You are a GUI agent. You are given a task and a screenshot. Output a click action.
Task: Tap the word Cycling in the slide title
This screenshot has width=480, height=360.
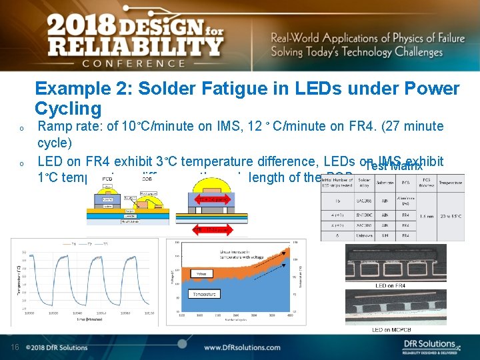tap(68, 109)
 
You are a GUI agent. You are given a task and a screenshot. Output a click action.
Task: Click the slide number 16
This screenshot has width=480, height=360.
tap(15, 347)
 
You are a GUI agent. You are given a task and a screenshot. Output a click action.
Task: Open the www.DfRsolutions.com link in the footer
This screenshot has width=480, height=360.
tap(250, 347)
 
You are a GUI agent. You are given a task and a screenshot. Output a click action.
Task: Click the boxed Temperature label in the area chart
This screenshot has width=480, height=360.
tap(204, 294)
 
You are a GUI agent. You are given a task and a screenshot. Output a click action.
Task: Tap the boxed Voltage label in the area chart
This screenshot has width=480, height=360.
tap(199, 273)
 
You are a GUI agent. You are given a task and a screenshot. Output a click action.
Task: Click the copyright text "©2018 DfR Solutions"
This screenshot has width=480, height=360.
tap(57, 347)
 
